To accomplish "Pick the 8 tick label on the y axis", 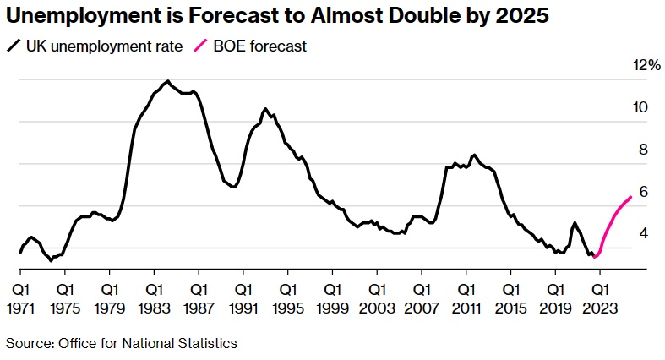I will click(x=642, y=150).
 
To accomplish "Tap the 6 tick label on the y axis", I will click(x=642, y=192).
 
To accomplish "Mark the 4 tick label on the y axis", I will click(x=642, y=234).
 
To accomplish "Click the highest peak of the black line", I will click(x=168, y=81).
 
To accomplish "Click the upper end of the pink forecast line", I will click(x=630, y=198).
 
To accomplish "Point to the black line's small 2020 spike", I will click(x=575, y=223).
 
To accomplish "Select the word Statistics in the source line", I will click(x=207, y=343).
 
